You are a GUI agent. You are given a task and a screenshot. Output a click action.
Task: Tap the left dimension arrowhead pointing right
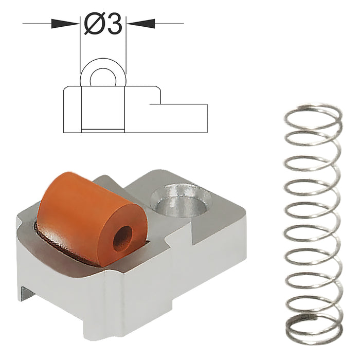(66, 23)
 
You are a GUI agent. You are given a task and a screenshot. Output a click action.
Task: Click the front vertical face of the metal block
(67, 293)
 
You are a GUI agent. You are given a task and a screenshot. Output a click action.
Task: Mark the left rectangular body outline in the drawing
(72, 111)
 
